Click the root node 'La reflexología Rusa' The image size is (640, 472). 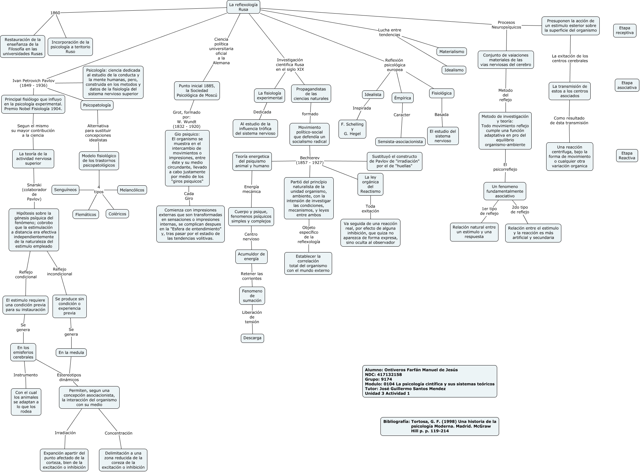point(243,7)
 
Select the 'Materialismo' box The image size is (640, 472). point(452,52)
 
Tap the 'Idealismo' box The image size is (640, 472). point(454,70)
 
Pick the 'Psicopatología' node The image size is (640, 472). point(97,105)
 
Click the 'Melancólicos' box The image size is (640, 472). point(132,190)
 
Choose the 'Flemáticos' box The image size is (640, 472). point(85,215)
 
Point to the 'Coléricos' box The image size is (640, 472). point(117,214)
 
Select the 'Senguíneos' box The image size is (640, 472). point(65,190)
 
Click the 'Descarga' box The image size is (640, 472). point(252,338)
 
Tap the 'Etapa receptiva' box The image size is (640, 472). point(625,30)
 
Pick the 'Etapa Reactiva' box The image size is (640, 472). point(627,156)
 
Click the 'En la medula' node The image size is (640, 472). point(71,353)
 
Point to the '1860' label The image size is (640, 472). point(55,13)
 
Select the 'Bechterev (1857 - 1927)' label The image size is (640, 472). point(310,160)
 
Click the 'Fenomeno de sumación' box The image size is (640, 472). point(252,296)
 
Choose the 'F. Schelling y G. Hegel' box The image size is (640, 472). point(352,129)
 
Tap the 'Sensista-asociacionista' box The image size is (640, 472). point(400,142)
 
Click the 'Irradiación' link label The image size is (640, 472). point(65,433)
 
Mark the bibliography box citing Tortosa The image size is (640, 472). point(439,426)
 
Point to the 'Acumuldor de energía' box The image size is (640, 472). point(251,256)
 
